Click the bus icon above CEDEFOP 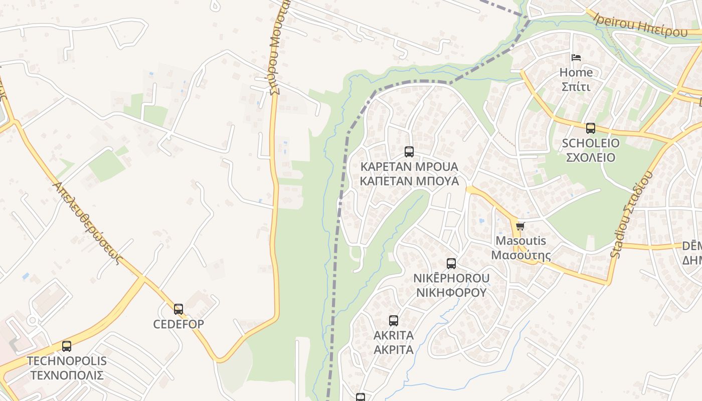tap(179, 309)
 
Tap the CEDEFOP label tap(179, 324)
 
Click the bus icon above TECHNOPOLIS tap(66, 346)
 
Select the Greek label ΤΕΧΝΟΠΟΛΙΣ tap(67, 375)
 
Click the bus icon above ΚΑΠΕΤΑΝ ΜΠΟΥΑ tap(409, 151)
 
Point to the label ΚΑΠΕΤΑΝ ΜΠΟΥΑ tap(409, 181)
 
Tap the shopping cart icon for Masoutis tap(520, 227)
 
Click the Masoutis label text tap(520, 241)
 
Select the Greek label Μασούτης tap(520, 255)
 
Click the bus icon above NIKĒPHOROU tap(451, 264)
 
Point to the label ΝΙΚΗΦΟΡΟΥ tap(451, 292)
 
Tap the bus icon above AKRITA tap(394, 321)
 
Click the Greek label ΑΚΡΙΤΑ tap(394, 349)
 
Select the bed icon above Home tap(576, 58)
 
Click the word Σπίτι tap(576, 87)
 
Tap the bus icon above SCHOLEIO tap(591, 128)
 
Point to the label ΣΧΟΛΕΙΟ tap(591, 157)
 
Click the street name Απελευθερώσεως tap(87, 223)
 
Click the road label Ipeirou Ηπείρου tap(640, 25)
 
